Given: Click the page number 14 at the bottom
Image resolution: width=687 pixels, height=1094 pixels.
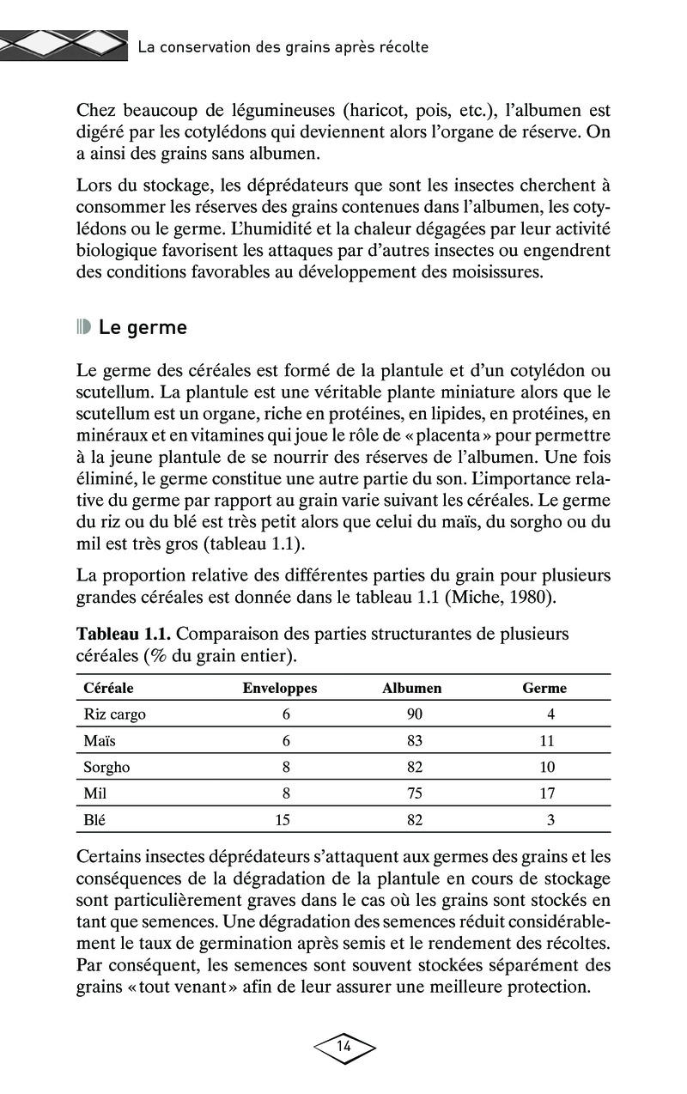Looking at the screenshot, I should pyautogui.click(x=343, y=1046).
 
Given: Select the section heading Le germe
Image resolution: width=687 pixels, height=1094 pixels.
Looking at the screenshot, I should pyautogui.click(x=143, y=328).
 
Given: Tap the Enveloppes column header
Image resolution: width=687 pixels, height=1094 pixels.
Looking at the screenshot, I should pyautogui.click(x=280, y=688).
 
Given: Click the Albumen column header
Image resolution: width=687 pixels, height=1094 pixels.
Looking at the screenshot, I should pyautogui.click(x=411, y=688).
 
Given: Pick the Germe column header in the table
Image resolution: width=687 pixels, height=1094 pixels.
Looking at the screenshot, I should pyautogui.click(x=544, y=688).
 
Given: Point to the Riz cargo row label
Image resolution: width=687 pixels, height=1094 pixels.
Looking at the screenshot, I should pyautogui.click(x=114, y=714).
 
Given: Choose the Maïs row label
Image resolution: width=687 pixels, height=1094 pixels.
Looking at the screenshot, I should pyautogui.click(x=99, y=741).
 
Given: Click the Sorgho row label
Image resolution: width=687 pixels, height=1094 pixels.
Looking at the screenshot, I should pyautogui.click(x=106, y=767).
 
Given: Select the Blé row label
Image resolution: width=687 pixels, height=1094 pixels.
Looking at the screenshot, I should pyautogui.click(x=94, y=820).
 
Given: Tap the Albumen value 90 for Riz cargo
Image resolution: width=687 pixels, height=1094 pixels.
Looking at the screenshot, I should pyautogui.click(x=415, y=714).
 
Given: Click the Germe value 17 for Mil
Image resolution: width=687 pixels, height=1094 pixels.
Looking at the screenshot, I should pyautogui.click(x=547, y=793).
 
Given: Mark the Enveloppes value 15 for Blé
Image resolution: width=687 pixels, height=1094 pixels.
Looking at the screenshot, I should pyautogui.click(x=283, y=820).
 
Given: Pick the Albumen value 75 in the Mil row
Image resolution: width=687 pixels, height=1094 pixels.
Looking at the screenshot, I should pyautogui.click(x=415, y=793).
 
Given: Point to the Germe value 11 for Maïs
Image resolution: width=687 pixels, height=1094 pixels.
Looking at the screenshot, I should pyautogui.click(x=547, y=741).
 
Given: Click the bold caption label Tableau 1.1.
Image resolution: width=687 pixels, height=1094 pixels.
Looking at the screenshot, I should pyautogui.click(x=125, y=635).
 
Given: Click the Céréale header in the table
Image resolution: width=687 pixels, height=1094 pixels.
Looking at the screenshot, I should pyautogui.click(x=108, y=688).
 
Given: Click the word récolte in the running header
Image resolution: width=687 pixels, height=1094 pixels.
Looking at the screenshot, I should pyautogui.click(x=399, y=47).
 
